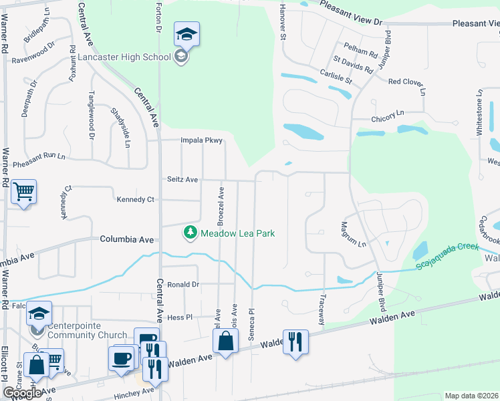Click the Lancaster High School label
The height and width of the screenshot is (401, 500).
tap(125, 57)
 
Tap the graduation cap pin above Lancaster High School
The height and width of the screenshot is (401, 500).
tap(187, 34)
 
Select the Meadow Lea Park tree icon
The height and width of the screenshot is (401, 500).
tap(191, 233)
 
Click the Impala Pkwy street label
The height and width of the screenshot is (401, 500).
tap(201, 140)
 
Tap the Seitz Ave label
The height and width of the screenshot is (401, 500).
tap(182, 180)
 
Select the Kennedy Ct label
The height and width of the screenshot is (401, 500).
tap(136, 200)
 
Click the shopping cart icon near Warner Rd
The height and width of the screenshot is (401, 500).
tap(23, 192)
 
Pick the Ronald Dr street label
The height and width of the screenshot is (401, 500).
tap(183, 284)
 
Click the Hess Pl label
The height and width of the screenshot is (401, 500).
tap(179, 317)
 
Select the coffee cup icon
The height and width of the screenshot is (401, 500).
tap(121, 358)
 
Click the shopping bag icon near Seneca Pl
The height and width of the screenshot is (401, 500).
tap(226, 341)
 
